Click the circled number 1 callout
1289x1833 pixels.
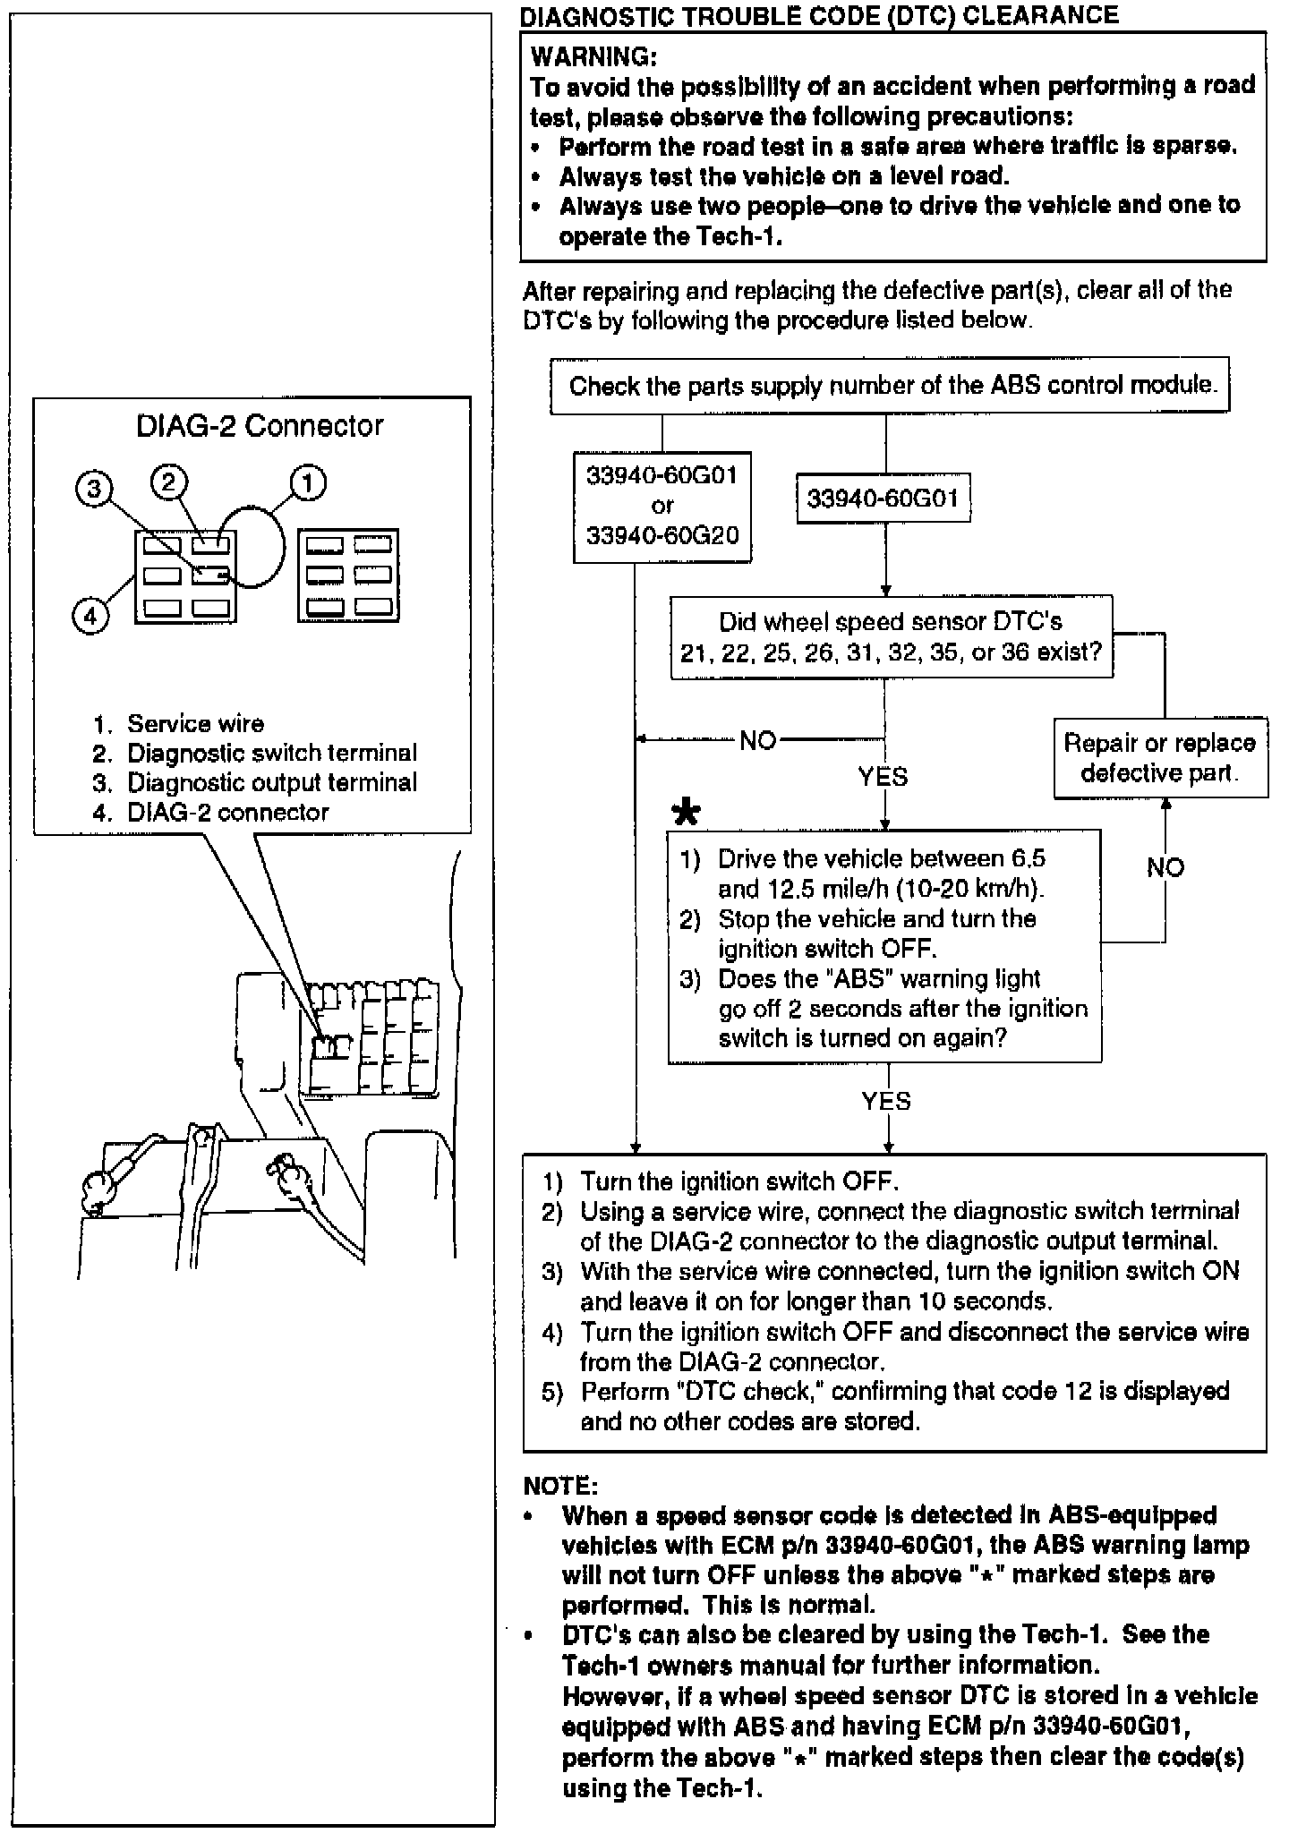(x=306, y=484)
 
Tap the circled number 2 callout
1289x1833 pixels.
(x=169, y=482)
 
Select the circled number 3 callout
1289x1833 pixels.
(x=95, y=489)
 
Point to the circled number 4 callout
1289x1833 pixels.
(x=90, y=616)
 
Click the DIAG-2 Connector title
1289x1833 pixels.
(x=260, y=426)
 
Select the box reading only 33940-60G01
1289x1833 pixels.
(x=884, y=499)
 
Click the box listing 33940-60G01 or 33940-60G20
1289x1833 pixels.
(x=662, y=506)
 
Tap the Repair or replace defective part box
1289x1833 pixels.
(x=1160, y=757)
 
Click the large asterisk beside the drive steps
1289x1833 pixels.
(x=687, y=812)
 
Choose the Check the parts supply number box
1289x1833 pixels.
(x=890, y=386)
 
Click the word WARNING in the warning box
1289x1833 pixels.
(x=593, y=57)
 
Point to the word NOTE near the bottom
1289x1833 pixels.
(x=559, y=1487)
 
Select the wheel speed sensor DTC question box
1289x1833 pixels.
(x=892, y=636)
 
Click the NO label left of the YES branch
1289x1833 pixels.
(x=758, y=740)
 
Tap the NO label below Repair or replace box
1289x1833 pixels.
(x=1165, y=866)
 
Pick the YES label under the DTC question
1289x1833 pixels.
(x=884, y=776)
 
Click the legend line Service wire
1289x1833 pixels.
(x=195, y=723)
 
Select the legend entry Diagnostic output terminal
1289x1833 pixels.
(x=271, y=782)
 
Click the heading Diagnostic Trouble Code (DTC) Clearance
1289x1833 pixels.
(x=819, y=15)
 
